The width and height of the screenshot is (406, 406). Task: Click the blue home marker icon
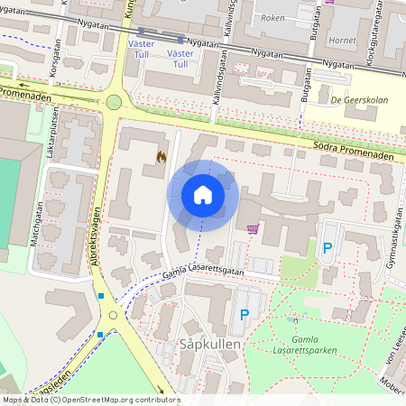point(203,194)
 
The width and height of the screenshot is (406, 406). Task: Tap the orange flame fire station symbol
point(161,156)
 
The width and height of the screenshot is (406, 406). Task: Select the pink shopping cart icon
point(252,229)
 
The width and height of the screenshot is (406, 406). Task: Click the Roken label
point(271,17)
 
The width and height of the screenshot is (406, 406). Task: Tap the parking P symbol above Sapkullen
point(244,315)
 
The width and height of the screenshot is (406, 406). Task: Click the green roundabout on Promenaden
point(114,102)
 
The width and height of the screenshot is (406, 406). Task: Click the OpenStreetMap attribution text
point(90,400)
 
